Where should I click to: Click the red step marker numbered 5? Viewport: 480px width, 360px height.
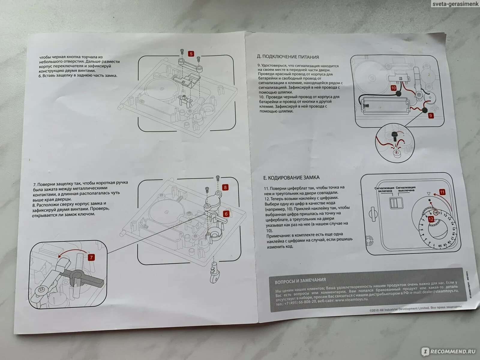pyautogui.click(x=191, y=54)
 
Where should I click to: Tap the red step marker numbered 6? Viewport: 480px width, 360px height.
pyautogui.click(x=226, y=214)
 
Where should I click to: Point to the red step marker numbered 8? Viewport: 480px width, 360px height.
pyautogui.click(x=226, y=187)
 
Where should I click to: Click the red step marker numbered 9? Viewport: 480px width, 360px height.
pyautogui.click(x=430, y=115)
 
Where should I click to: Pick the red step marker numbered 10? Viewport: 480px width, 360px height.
pyautogui.click(x=394, y=88)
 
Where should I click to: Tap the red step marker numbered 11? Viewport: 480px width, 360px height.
pyautogui.click(x=442, y=192)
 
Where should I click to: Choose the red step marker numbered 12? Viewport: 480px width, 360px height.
pyautogui.click(x=431, y=219)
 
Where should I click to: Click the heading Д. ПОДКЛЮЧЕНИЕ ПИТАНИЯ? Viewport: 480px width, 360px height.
pyautogui.click(x=288, y=57)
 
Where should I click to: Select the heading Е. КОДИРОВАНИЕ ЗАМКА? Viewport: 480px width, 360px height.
pyautogui.click(x=291, y=178)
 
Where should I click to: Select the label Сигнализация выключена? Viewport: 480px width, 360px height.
pyautogui.click(x=406, y=189)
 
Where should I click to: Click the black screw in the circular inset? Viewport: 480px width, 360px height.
pyautogui.click(x=393, y=137)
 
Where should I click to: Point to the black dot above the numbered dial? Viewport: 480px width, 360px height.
pyautogui.click(x=429, y=200)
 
